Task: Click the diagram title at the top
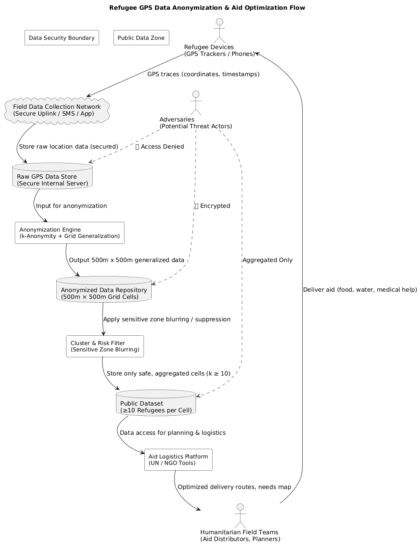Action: coord(207,8)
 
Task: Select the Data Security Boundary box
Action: coord(62,38)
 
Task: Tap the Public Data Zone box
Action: coord(141,38)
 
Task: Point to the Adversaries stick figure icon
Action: coord(195,103)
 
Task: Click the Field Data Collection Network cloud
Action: coord(57,110)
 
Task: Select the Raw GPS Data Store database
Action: coord(52,176)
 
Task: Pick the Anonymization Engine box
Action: coord(69,233)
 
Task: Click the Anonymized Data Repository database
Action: coord(104,290)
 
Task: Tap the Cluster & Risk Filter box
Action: coord(105,346)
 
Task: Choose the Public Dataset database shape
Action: coord(156,403)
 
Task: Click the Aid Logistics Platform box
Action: coord(178,460)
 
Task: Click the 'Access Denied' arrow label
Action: coord(160,146)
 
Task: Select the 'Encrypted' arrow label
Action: coord(213,206)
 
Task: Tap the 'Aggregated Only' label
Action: coord(267,260)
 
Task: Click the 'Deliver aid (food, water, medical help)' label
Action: coord(360,290)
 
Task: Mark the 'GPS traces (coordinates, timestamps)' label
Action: coord(203,74)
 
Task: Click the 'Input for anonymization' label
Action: coord(71,206)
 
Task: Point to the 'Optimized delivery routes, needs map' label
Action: coord(234,487)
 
